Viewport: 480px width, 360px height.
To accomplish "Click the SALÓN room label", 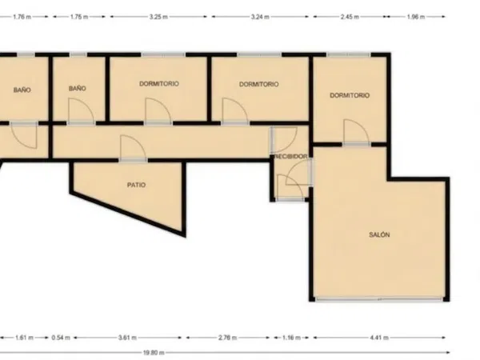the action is (x=379, y=234).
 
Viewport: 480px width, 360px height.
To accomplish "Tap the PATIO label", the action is (x=137, y=185).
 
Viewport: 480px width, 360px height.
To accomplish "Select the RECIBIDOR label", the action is (x=290, y=157).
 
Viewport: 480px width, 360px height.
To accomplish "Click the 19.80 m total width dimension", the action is (x=154, y=353).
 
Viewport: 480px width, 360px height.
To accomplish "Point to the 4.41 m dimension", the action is (x=379, y=338).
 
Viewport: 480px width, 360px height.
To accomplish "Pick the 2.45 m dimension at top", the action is (x=350, y=17).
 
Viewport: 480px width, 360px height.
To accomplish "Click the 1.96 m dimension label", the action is (x=416, y=17).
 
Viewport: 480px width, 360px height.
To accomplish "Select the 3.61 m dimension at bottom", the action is (x=128, y=338).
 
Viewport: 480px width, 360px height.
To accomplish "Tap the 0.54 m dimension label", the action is (x=61, y=338).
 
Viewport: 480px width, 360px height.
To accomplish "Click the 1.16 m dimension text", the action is (x=291, y=338).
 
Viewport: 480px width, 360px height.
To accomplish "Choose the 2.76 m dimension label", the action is (x=228, y=338).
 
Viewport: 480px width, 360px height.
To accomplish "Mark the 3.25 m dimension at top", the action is (x=158, y=17).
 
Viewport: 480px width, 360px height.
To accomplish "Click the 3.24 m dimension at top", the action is (x=260, y=17).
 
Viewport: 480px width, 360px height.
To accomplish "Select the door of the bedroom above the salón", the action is (x=356, y=132).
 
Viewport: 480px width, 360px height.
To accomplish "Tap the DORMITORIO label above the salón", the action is (x=350, y=95).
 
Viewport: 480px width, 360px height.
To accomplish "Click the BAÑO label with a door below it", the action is (x=77, y=89).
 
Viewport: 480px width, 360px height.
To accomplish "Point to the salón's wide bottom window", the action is (x=379, y=298).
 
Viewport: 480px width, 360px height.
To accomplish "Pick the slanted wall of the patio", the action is (x=128, y=214).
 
